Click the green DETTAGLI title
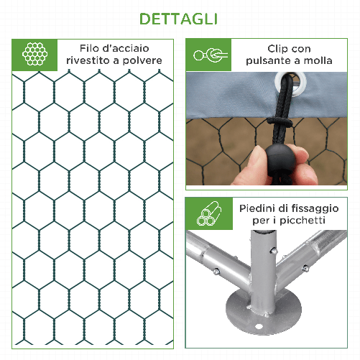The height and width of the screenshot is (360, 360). [180, 18]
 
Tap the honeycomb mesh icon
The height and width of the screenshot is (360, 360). [33, 55]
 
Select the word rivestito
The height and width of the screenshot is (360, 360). [90, 61]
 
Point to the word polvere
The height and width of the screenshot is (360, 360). [142, 61]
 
